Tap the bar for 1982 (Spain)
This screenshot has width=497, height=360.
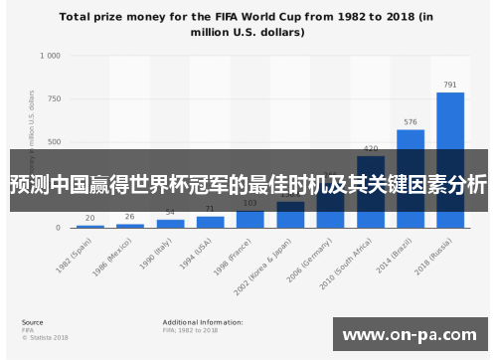pos(90,226)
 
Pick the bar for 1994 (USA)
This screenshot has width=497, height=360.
pos(210,222)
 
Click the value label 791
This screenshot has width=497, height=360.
pos(450,85)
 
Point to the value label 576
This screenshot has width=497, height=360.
pos(411,122)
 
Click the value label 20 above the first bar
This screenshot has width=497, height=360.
pos(90,218)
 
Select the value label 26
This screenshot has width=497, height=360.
pos(130,217)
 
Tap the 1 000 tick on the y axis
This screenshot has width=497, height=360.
pos(50,57)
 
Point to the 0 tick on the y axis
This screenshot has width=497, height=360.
pos(58,228)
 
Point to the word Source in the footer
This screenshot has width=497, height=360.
pos(32,322)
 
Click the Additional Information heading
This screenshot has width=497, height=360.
pos(203,322)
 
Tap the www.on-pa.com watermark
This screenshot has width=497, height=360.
pos(409,335)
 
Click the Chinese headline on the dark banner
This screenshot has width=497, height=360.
pos(248,185)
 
